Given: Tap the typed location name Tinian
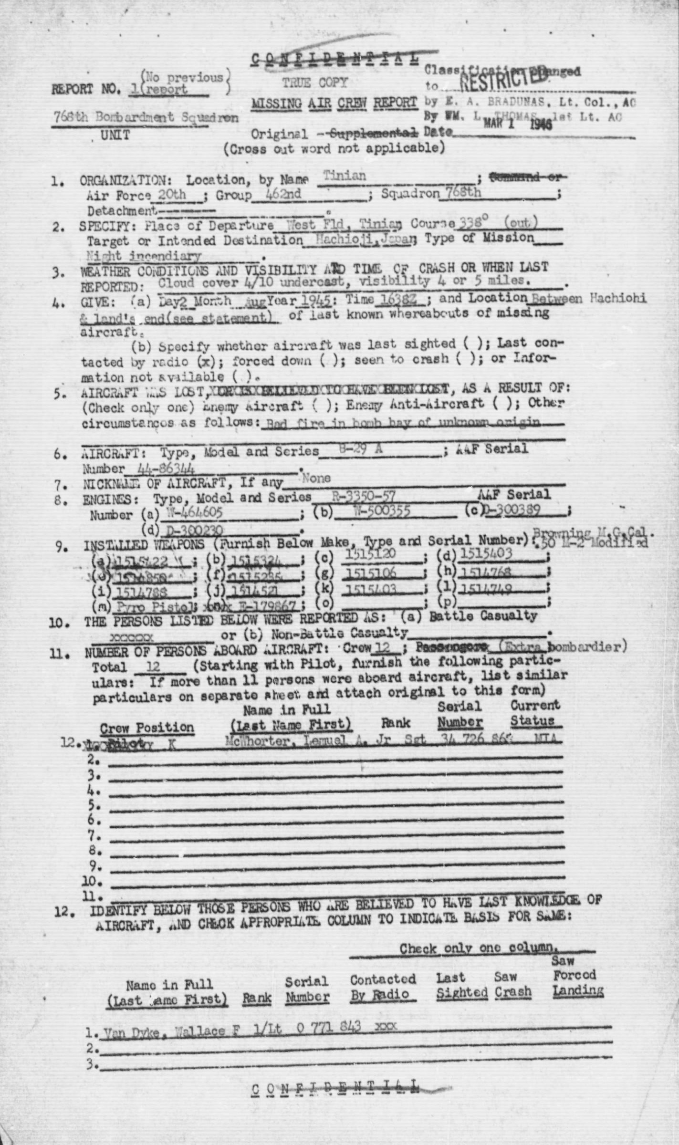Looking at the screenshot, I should pos(345,176).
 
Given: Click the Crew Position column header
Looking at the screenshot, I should pos(147,728).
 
